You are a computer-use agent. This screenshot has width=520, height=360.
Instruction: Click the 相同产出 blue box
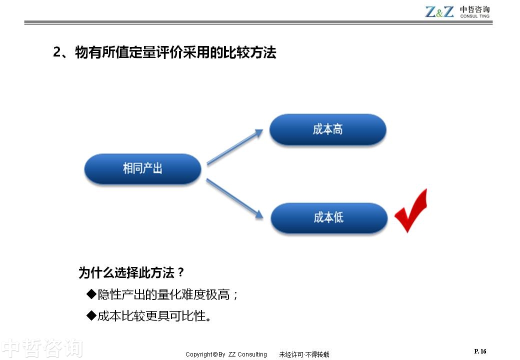tap(142, 168)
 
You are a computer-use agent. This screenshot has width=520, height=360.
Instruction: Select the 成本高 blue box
tap(327, 129)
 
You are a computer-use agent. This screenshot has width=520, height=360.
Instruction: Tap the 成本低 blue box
tap(329, 218)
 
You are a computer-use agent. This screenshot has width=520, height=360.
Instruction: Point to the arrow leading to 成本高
tap(235, 147)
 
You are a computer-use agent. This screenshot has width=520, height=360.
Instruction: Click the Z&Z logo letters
tap(439, 11)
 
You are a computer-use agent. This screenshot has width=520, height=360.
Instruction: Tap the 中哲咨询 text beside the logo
tap(474, 9)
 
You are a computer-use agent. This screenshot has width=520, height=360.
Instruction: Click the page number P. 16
tap(480, 351)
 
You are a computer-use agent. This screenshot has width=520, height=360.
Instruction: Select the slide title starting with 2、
tap(164, 52)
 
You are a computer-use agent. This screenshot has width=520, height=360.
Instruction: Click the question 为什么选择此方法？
tap(131, 272)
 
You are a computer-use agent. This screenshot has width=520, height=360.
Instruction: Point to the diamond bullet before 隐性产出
tap(91, 293)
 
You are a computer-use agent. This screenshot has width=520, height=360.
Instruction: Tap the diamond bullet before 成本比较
tap(91, 315)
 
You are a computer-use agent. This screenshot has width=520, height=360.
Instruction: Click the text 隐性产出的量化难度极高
tap(164, 294)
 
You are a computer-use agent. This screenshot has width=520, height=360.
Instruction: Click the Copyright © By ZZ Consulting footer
tap(226, 354)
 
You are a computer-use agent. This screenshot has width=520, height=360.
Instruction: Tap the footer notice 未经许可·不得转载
tap(304, 354)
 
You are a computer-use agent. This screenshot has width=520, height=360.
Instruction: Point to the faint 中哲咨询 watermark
tap(42, 348)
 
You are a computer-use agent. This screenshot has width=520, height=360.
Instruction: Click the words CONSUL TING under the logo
tap(474, 16)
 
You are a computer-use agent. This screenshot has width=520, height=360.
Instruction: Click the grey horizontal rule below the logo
tap(258, 22)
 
